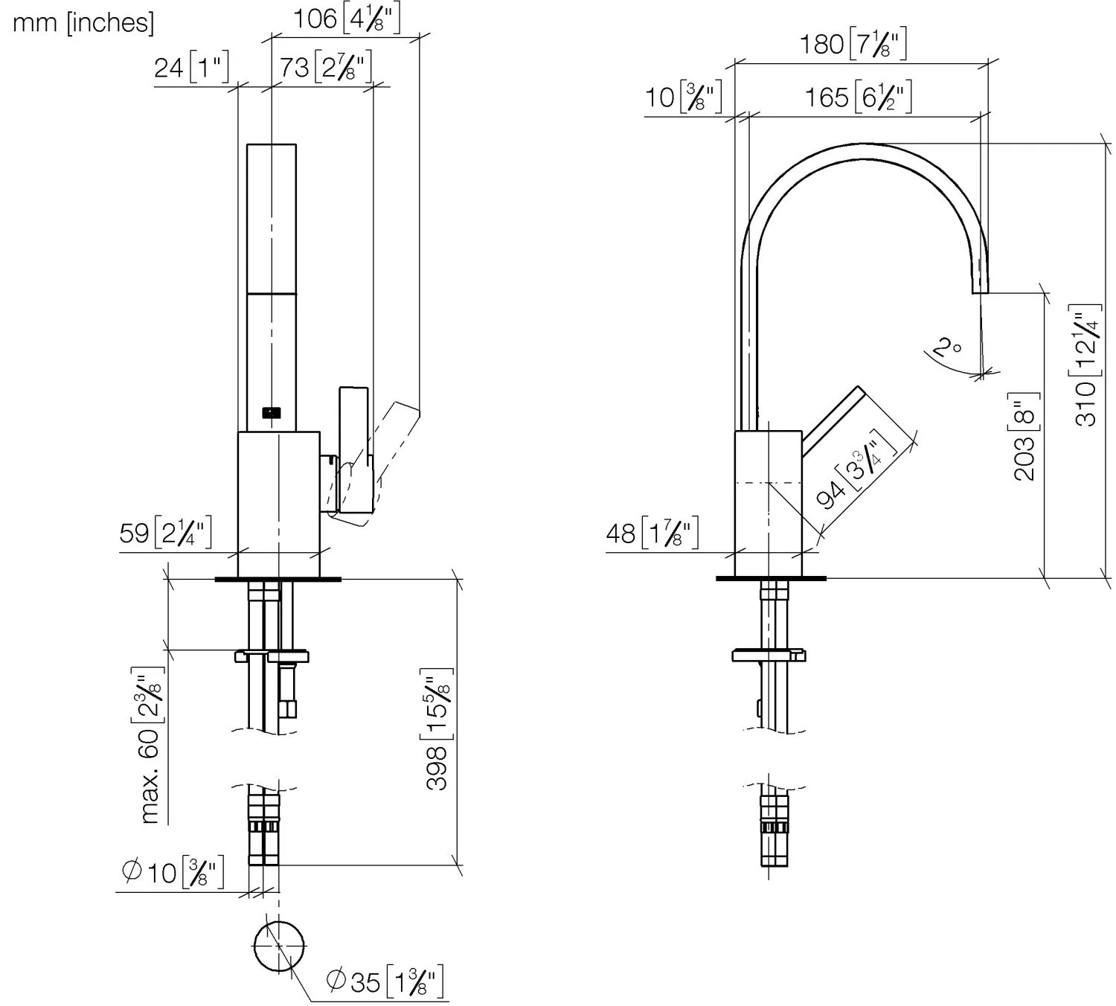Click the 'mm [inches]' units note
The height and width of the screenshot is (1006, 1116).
[x=83, y=22]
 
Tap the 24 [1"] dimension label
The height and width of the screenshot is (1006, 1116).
[x=191, y=67]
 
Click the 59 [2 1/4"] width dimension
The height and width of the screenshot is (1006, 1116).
[x=166, y=533]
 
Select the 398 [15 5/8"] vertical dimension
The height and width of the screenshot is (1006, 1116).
[x=438, y=733]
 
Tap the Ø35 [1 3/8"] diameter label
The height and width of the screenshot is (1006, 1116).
[x=385, y=981]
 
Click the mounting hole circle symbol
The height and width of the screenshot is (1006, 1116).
[x=279, y=946]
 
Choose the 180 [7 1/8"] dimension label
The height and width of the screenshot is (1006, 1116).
[x=853, y=45]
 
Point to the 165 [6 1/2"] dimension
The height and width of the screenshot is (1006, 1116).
[x=857, y=97]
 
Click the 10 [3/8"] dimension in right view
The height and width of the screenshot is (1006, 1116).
[x=682, y=97]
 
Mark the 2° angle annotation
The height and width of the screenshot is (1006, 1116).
[x=946, y=347]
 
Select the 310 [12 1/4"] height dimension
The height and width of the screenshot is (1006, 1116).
[x=1085, y=365]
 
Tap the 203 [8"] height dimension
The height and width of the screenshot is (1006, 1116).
[x=1025, y=437]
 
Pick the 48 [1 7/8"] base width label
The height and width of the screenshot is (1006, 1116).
[x=652, y=533]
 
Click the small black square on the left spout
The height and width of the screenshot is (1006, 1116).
[x=272, y=411]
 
